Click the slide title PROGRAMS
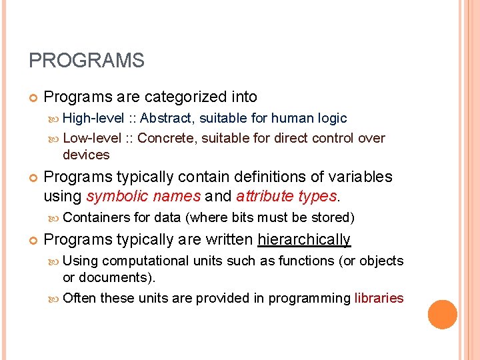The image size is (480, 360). point(87,61)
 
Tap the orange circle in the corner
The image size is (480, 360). point(443,315)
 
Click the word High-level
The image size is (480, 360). point(93,119)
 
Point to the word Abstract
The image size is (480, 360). point(167,119)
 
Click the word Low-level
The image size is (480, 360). point(92,139)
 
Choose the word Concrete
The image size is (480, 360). point(167,139)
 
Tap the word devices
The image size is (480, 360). point(86,155)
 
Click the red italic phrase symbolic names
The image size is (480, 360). point(144,197)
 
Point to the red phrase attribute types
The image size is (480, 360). point(287,197)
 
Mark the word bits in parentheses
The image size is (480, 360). point(243,217)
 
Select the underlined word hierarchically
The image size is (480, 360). point(304,240)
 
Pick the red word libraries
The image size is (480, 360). point(379,298)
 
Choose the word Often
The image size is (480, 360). point(79,298)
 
